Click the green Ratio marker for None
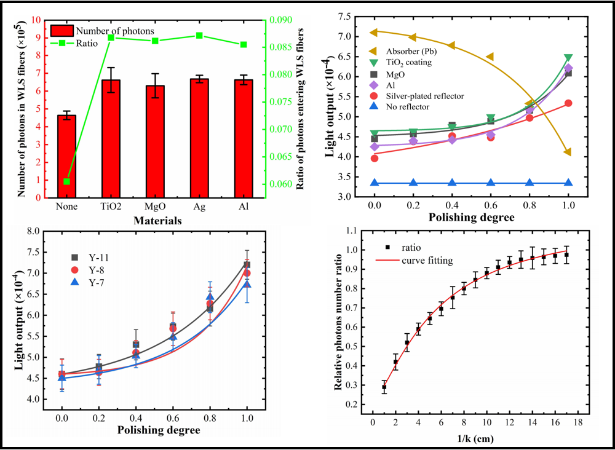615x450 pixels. click(x=66, y=181)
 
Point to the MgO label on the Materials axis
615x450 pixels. click(x=155, y=207)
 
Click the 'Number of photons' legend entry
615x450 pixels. click(x=101, y=31)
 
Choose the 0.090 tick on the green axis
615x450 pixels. click(x=282, y=20)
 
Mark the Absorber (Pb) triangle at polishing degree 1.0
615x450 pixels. click(x=568, y=152)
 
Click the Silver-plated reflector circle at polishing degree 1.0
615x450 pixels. click(x=568, y=103)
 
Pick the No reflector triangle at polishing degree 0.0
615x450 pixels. click(x=374, y=183)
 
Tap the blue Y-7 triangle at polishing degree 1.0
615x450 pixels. click(x=247, y=284)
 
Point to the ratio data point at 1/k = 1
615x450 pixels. click(x=384, y=387)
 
